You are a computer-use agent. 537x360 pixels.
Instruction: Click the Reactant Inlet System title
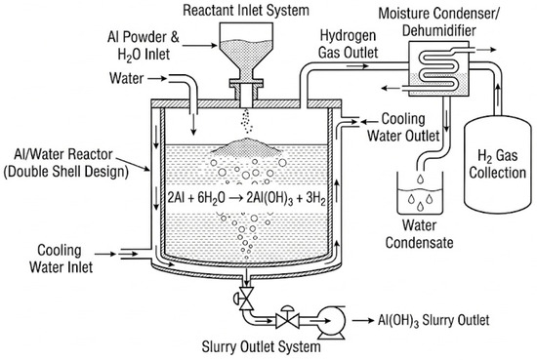[x=246, y=10]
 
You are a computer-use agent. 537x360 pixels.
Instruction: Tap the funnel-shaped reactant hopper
[x=246, y=52]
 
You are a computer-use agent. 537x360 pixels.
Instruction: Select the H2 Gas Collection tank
[x=497, y=165]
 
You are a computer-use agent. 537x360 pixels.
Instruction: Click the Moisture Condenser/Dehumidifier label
[x=439, y=21]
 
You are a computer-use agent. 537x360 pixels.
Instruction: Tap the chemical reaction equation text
[x=246, y=198]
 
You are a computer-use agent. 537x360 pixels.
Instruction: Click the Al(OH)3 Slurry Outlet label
[x=434, y=321]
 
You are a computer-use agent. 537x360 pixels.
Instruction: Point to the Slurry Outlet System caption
[x=262, y=346]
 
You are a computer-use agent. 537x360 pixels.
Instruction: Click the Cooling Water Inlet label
[x=61, y=259]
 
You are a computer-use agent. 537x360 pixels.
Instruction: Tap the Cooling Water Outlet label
[x=403, y=127]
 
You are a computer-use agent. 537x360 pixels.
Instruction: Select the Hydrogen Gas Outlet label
[x=348, y=44]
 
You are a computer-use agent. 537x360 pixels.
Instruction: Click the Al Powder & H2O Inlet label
[x=144, y=46]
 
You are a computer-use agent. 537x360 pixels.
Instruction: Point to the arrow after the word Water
[x=157, y=79]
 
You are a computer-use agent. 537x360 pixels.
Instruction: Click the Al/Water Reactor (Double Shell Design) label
[x=65, y=163]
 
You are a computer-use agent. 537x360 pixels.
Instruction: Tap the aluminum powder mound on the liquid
[x=246, y=146]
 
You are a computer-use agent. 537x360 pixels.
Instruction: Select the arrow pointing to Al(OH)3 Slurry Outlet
[x=363, y=321]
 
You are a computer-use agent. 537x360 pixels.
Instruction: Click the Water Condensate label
[x=419, y=234]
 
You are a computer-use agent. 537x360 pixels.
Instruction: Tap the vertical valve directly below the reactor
[x=245, y=299]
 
